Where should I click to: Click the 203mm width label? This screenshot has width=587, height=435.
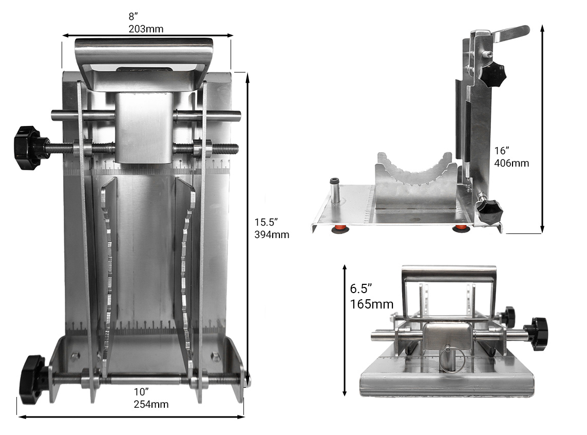[x=146, y=29]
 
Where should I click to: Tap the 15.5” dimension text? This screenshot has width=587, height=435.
[x=266, y=223]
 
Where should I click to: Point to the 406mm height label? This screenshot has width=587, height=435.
[x=511, y=163]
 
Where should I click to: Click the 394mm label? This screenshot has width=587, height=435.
[x=272, y=235]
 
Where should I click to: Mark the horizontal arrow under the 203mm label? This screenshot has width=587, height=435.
[x=147, y=36]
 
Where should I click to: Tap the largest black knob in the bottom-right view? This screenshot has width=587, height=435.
[x=537, y=333]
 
